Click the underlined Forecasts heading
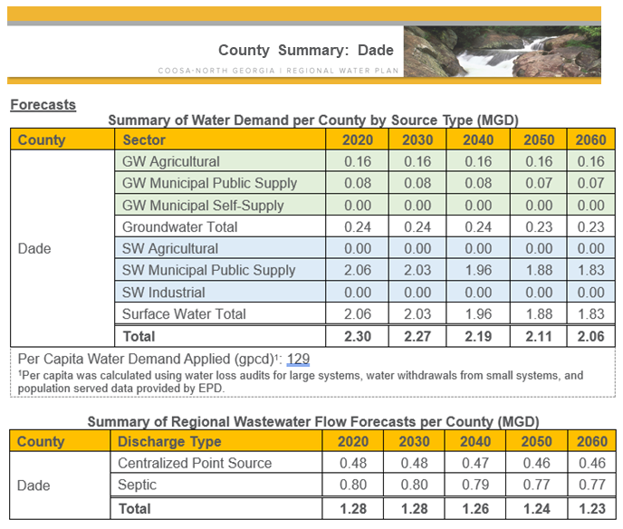tap(43, 104)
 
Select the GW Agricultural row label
tap(171, 161)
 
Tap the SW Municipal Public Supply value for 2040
tap(477, 270)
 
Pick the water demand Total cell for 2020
tap(356, 337)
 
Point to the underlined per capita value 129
tap(298, 359)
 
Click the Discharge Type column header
tap(168, 441)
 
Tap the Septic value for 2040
tap(477, 486)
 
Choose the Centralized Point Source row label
tap(195, 463)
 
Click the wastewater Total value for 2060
tap(590, 508)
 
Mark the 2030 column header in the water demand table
tap(417, 139)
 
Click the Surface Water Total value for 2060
tap(590, 314)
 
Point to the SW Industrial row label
tap(164, 293)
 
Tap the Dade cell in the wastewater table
tap(34, 486)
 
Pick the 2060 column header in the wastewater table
tap(590, 441)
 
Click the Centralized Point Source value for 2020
tap(356, 463)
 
